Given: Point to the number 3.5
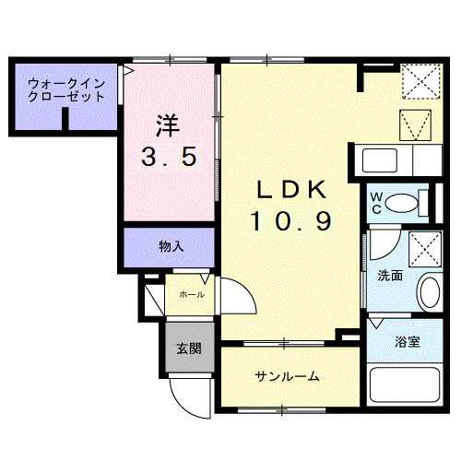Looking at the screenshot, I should [x=169, y=158].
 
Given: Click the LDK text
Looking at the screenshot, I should [x=290, y=190].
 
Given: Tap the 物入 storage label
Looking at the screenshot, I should [x=171, y=246].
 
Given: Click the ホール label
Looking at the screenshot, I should [x=191, y=294].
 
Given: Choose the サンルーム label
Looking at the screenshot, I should [x=287, y=376].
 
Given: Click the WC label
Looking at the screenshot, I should [x=377, y=202].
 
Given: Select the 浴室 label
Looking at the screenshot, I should [x=408, y=342].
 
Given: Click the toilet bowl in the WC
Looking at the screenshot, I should [x=402, y=202].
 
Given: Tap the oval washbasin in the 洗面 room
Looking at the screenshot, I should [x=429, y=294].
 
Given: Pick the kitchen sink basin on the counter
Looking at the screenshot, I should [x=380, y=161].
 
